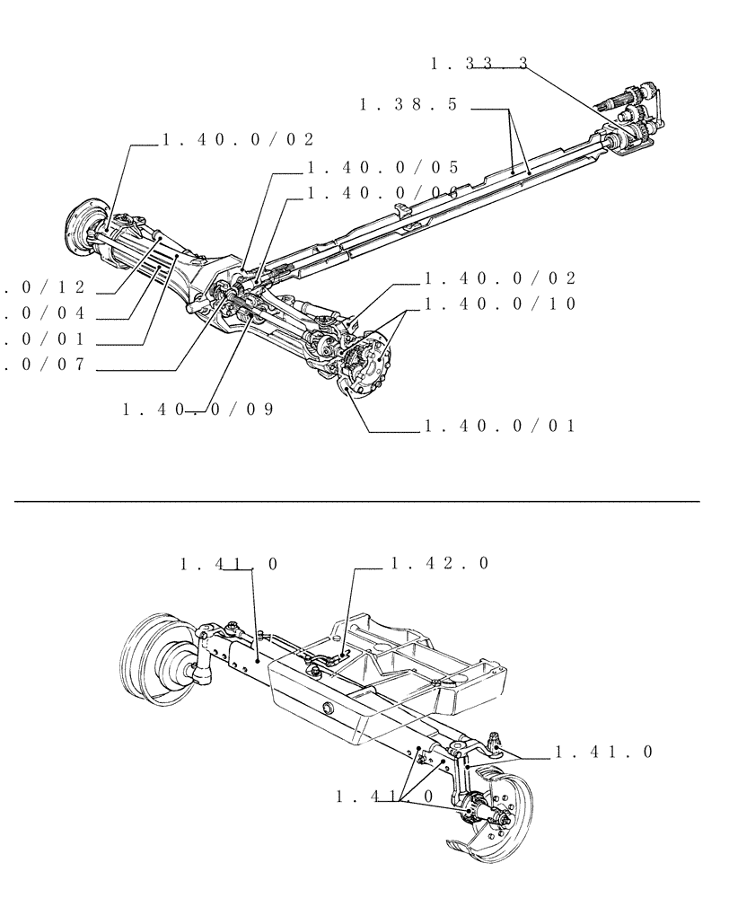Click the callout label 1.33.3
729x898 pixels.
point(479,64)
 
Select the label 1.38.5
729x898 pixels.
point(408,105)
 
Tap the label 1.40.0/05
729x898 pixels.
point(382,167)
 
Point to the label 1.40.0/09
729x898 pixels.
point(198,409)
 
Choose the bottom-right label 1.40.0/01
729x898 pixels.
point(499,426)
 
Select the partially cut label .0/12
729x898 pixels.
point(56,287)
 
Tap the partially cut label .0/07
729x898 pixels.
point(56,365)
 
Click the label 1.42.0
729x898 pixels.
point(439,564)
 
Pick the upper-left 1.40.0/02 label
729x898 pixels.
point(239,140)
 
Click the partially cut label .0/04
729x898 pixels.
point(56,313)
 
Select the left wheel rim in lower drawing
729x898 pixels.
point(158,656)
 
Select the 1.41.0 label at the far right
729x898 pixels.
point(603,753)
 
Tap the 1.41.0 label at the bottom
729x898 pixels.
point(386,797)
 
